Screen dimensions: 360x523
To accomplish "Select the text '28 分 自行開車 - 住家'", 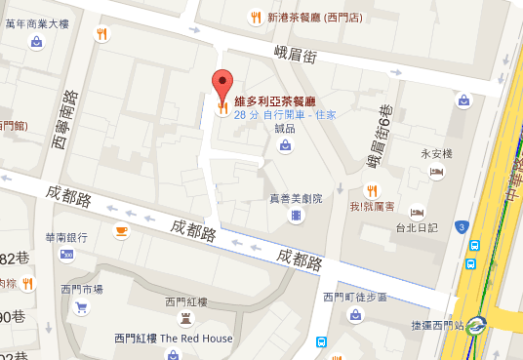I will pos(285,114).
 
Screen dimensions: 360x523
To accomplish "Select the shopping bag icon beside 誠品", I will pos(285,146).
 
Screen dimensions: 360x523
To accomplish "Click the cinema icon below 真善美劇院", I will pos(296,214).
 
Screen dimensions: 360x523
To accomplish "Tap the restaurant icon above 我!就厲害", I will pos(371,189).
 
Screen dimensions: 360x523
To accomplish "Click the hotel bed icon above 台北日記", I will pos(417,212).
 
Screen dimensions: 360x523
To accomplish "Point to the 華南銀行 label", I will pos(65,237).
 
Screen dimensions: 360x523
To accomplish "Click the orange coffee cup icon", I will pos(121,230).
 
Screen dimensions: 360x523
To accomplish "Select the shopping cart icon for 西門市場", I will pos(82,307).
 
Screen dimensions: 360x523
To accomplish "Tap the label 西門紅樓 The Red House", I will pos(173,339).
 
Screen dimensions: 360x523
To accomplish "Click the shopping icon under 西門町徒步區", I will pos(355,314).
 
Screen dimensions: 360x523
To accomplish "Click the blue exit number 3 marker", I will pos(460,227).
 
